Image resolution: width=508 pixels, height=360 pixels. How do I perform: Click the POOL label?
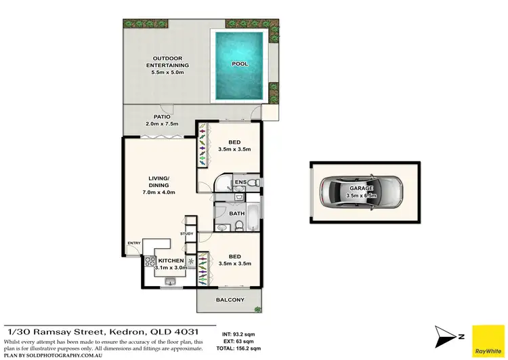[x=240, y=64]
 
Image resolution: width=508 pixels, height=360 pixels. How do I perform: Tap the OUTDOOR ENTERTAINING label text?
[x=167, y=62]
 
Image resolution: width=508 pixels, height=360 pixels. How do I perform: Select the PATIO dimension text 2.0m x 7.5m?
[x=161, y=124]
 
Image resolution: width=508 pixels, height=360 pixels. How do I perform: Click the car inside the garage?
[x=360, y=193]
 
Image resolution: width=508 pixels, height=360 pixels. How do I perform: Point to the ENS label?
[x=239, y=182]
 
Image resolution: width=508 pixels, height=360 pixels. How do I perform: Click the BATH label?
[x=236, y=214]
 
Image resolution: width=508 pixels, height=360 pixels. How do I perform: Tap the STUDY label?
[x=187, y=234]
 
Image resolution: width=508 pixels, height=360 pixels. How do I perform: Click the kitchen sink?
[x=169, y=280]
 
